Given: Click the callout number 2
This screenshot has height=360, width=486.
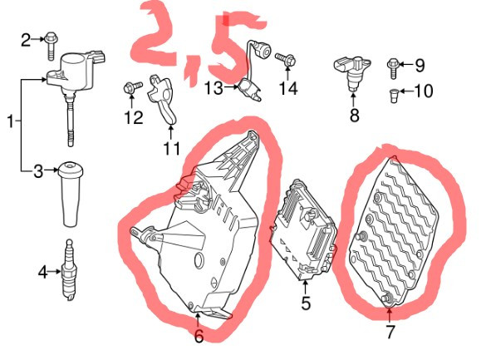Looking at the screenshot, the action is (x=26, y=40).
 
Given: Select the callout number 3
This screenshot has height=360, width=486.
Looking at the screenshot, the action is (x=38, y=171).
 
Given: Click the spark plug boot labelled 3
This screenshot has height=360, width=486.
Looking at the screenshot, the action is (x=71, y=193).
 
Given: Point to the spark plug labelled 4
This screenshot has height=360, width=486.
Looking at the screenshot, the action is (x=70, y=270).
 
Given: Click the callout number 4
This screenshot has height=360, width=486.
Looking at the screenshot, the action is (x=43, y=272).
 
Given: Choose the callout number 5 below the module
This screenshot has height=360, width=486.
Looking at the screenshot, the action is (x=306, y=303).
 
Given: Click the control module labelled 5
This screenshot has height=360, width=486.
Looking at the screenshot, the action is (x=303, y=230).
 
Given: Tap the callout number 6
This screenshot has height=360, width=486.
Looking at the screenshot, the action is (x=199, y=336).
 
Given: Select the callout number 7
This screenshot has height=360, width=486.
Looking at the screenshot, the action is (x=390, y=332).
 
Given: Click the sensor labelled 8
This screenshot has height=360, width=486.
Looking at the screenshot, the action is (x=352, y=72).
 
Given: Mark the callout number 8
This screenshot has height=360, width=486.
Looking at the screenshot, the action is (x=354, y=115).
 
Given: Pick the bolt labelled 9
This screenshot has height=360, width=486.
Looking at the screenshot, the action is (x=393, y=68).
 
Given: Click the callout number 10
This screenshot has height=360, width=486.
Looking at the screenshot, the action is (x=424, y=91).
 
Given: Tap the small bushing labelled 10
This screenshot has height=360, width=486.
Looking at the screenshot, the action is (x=394, y=96).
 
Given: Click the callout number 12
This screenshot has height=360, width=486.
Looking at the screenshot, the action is (x=134, y=117).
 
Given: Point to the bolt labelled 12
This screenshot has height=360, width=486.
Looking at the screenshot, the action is (x=133, y=87).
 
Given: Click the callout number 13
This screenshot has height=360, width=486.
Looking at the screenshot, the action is (x=214, y=88).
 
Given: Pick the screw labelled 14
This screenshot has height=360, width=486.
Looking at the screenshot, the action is (x=285, y=59).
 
